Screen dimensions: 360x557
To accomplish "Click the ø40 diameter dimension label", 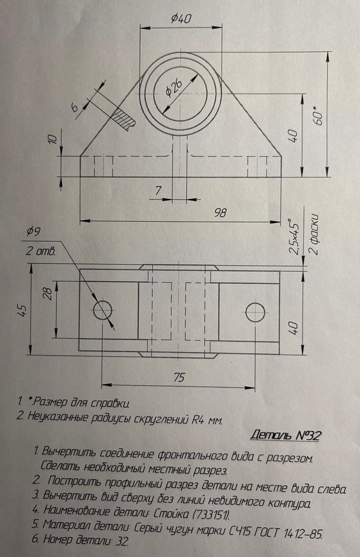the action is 182,18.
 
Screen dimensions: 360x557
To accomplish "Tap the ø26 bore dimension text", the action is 175,88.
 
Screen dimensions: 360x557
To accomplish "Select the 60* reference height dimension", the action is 318,115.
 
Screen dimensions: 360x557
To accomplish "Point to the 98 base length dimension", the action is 220,212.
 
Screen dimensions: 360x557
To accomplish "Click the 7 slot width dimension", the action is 158,191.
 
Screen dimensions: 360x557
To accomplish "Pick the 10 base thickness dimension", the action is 52,139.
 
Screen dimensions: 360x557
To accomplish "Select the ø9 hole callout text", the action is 34,231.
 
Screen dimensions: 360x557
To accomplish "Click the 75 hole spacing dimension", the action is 178,377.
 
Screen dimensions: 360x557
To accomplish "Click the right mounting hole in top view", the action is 255,311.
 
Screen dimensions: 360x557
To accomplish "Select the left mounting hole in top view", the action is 102,310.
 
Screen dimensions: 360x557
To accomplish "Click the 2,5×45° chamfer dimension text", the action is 294,236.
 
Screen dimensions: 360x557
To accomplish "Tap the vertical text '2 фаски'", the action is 314,234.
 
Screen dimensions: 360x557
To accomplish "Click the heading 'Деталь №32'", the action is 285,435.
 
